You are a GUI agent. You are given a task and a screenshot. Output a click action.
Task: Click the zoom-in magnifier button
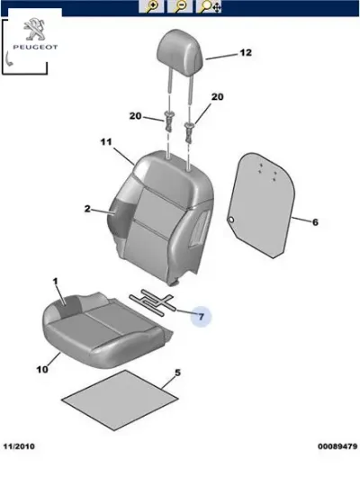[x=151, y=6]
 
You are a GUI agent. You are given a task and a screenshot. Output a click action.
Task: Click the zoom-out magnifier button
[x=180, y=6]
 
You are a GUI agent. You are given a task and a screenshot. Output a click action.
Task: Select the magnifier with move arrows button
[x=209, y=6]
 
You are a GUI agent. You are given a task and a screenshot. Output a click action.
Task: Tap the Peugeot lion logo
[x=34, y=29]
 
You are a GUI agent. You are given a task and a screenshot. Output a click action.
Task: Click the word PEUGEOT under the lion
[x=35, y=47]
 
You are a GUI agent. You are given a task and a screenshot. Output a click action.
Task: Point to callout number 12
[x=246, y=52]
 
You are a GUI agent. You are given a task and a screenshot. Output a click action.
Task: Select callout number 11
[x=106, y=142]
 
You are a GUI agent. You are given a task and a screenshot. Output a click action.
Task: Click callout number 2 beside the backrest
[x=87, y=209]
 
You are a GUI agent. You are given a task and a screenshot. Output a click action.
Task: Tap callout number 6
[x=315, y=222]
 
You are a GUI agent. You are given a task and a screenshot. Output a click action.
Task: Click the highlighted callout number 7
[x=202, y=316]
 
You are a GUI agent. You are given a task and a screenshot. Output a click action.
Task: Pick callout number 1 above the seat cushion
[x=55, y=282]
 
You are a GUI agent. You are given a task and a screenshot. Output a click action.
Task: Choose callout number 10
[x=42, y=369]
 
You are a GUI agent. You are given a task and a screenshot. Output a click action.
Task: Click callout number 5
[x=178, y=373]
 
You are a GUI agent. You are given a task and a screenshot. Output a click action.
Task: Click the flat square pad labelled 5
[x=120, y=400]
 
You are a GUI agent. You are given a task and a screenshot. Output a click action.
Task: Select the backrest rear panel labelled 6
[x=262, y=205]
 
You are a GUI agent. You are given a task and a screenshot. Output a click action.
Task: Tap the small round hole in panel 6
[x=230, y=219]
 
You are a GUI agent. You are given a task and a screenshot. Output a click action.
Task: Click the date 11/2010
[x=19, y=446]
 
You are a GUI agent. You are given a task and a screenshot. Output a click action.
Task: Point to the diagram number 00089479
[x=337, y=446]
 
